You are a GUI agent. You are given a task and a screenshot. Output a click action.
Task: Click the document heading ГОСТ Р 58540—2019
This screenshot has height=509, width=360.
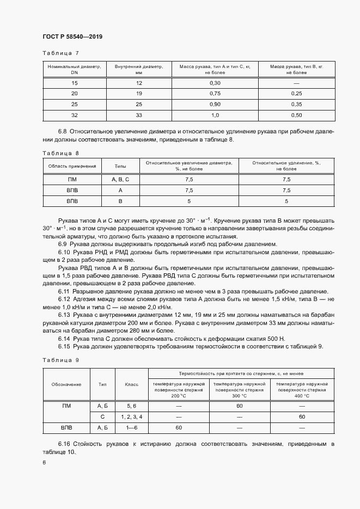[72, 37]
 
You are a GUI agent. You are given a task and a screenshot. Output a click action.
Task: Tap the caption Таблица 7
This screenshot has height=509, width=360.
[60, 53]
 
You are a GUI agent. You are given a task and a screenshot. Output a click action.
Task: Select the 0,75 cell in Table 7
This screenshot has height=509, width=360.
[215, 93]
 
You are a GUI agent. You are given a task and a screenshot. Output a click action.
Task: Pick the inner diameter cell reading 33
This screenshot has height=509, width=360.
[139, 115]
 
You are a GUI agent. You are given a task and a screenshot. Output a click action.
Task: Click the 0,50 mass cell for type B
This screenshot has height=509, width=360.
[296, 115]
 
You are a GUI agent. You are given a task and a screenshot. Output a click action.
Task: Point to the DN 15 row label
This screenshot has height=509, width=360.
[75, 83]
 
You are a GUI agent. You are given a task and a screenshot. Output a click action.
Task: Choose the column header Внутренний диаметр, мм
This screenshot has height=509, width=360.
[139, 69]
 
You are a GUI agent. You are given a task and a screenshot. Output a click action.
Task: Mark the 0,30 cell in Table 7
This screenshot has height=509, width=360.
[215, 83]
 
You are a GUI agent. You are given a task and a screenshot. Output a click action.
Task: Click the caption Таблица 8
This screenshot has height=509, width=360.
[60, 154]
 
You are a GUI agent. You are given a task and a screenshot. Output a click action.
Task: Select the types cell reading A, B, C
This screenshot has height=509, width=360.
[120, 179]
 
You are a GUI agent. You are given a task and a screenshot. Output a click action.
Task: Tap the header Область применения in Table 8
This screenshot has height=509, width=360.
[72, 166]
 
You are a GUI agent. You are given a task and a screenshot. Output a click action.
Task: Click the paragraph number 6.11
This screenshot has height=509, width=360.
[64, 291]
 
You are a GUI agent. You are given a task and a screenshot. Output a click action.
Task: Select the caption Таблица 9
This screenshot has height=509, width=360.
[60, 360]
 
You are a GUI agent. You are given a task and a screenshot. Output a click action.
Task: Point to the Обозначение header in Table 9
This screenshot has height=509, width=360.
[66, 384]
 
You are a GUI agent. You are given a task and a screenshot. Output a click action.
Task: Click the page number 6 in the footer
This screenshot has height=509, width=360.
[44, 463]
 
